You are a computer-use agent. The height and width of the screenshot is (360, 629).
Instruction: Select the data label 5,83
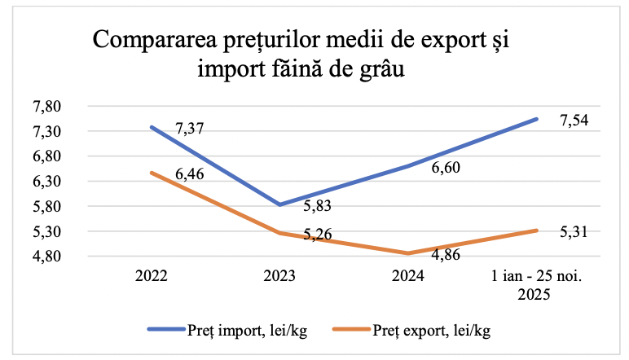[x=317, y=208]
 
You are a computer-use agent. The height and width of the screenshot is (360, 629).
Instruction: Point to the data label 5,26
[x=317, y=235]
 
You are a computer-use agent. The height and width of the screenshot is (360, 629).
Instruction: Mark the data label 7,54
[x=574, y=121]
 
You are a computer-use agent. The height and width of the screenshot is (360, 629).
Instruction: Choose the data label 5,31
[x=574, y=233]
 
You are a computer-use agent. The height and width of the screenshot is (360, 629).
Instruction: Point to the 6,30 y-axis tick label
[x=48, y=182]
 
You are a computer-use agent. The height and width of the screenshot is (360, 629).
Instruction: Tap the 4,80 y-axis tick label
[x=48, y=257]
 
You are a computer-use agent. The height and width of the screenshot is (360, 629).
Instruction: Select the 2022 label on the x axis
[x=152, y=276]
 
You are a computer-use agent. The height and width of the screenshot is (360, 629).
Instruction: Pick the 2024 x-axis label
[x=407, y=276]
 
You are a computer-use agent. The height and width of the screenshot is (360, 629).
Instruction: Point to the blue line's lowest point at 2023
[x=279, y=204]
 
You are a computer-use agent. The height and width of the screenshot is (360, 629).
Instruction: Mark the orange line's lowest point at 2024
[x=407, y=253]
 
